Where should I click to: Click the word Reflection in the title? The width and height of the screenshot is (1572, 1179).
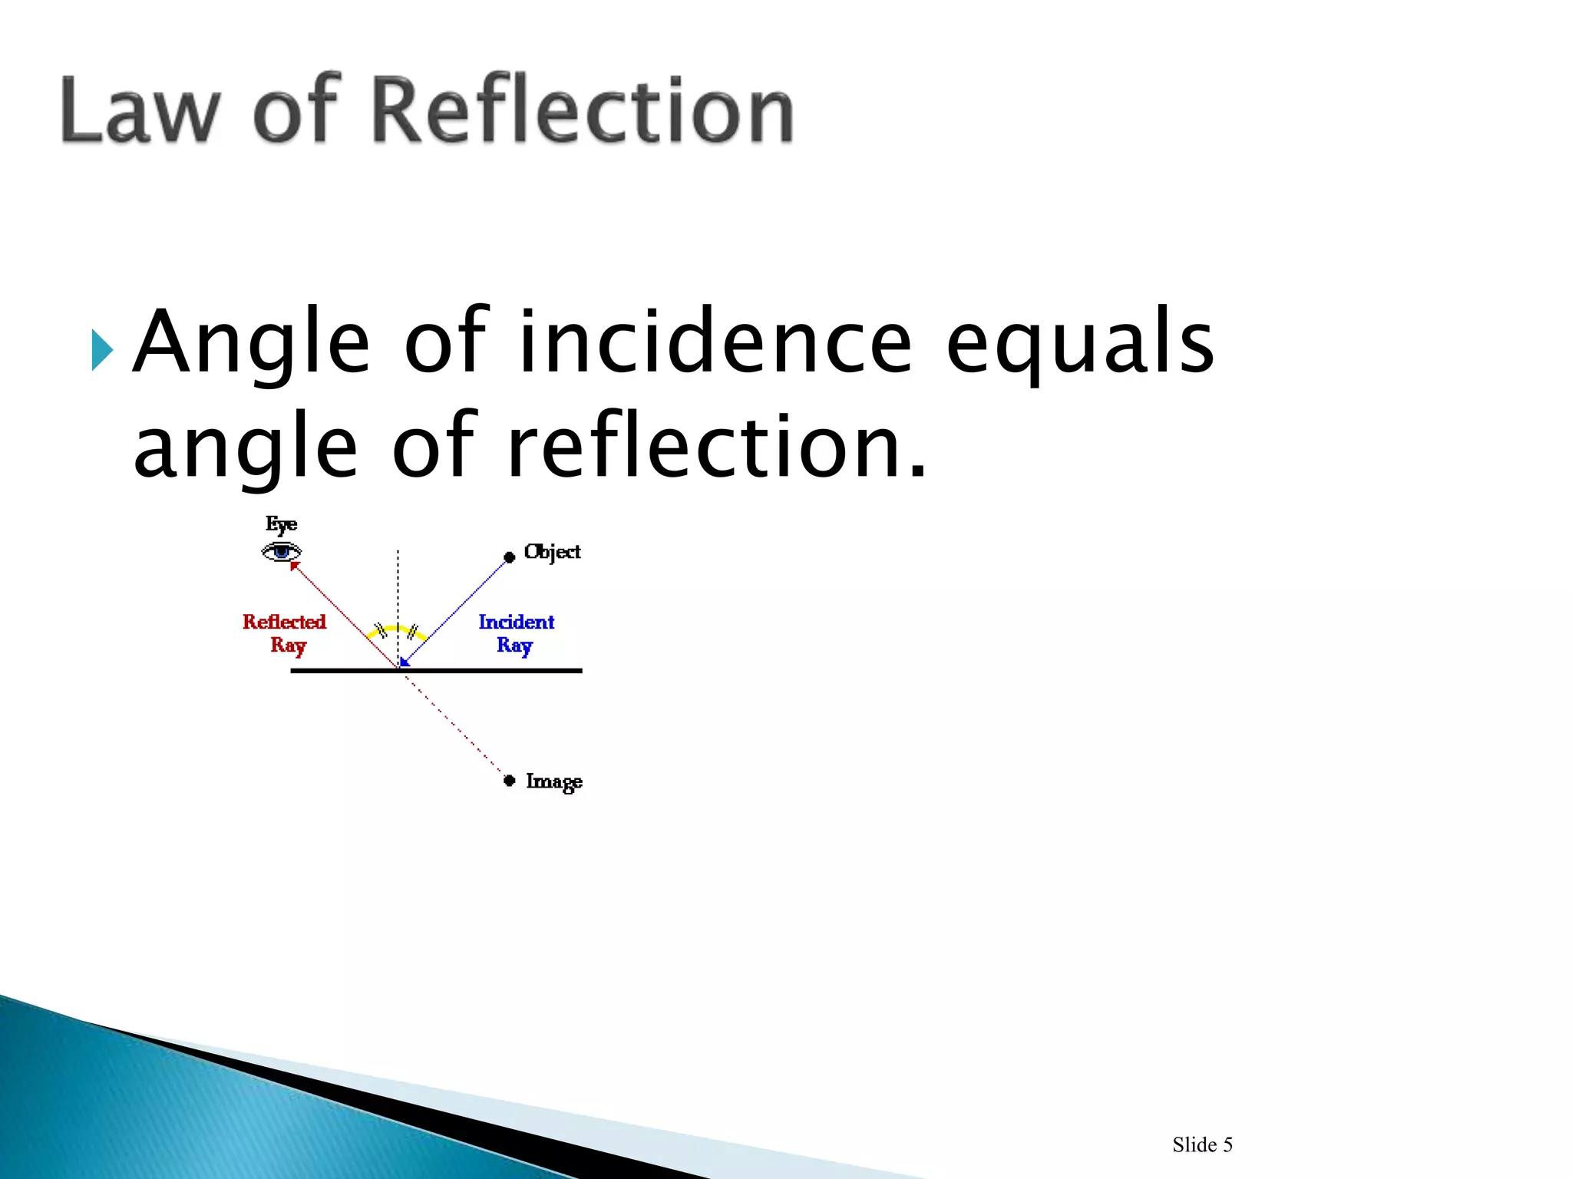pyautogui.click(x=582, y=111)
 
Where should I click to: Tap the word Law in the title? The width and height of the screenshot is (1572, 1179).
pyautogui.click(x=140, y=111)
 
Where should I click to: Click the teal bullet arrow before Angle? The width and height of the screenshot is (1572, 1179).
pyautogui.click(x=101, y=350)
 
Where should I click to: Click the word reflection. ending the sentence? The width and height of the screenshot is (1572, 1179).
pyautogui.click(x=717, y=447)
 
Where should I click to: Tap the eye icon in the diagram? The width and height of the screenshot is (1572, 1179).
pyautogui.click(x=282, y=551)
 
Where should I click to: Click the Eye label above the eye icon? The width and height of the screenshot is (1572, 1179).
pyautogui.click(x=281, y=525)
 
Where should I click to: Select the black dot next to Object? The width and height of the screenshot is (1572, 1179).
pyautogui.click(x=509, y=557)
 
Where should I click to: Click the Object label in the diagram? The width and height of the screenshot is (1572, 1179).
pyautogui.click(x=552, y=552)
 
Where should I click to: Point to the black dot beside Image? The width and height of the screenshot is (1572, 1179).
pyautogui.click(x=509, y=781)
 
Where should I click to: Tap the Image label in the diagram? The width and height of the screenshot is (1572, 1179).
pyautogui.click(x=553, y=781)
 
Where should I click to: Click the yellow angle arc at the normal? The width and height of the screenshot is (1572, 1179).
pyautogui.click(x=397, y=629)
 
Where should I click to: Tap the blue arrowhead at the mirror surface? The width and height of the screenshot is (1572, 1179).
pyautogui.click(x=405, y=662)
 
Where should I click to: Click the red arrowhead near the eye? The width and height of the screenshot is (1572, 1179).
pyautogui.click(x=295, y=566)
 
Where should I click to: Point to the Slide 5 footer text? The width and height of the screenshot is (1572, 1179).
pyautogui.click(x=1202, y=1144)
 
